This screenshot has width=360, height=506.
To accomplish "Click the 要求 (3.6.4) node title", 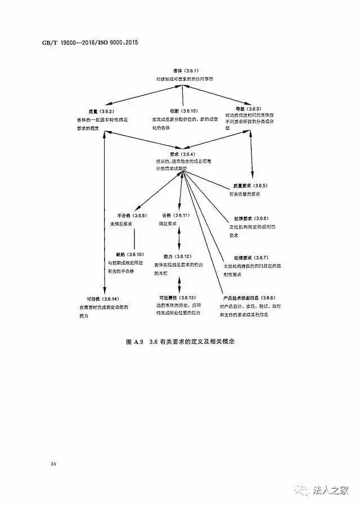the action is [182, 154].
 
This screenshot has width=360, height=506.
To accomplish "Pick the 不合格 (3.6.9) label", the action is [132, 216].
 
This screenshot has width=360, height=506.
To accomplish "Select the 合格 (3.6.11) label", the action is [176, 216].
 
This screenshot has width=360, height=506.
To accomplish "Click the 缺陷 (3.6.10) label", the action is [130, 254].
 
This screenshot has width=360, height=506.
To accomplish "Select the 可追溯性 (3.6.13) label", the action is [177, 297].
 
